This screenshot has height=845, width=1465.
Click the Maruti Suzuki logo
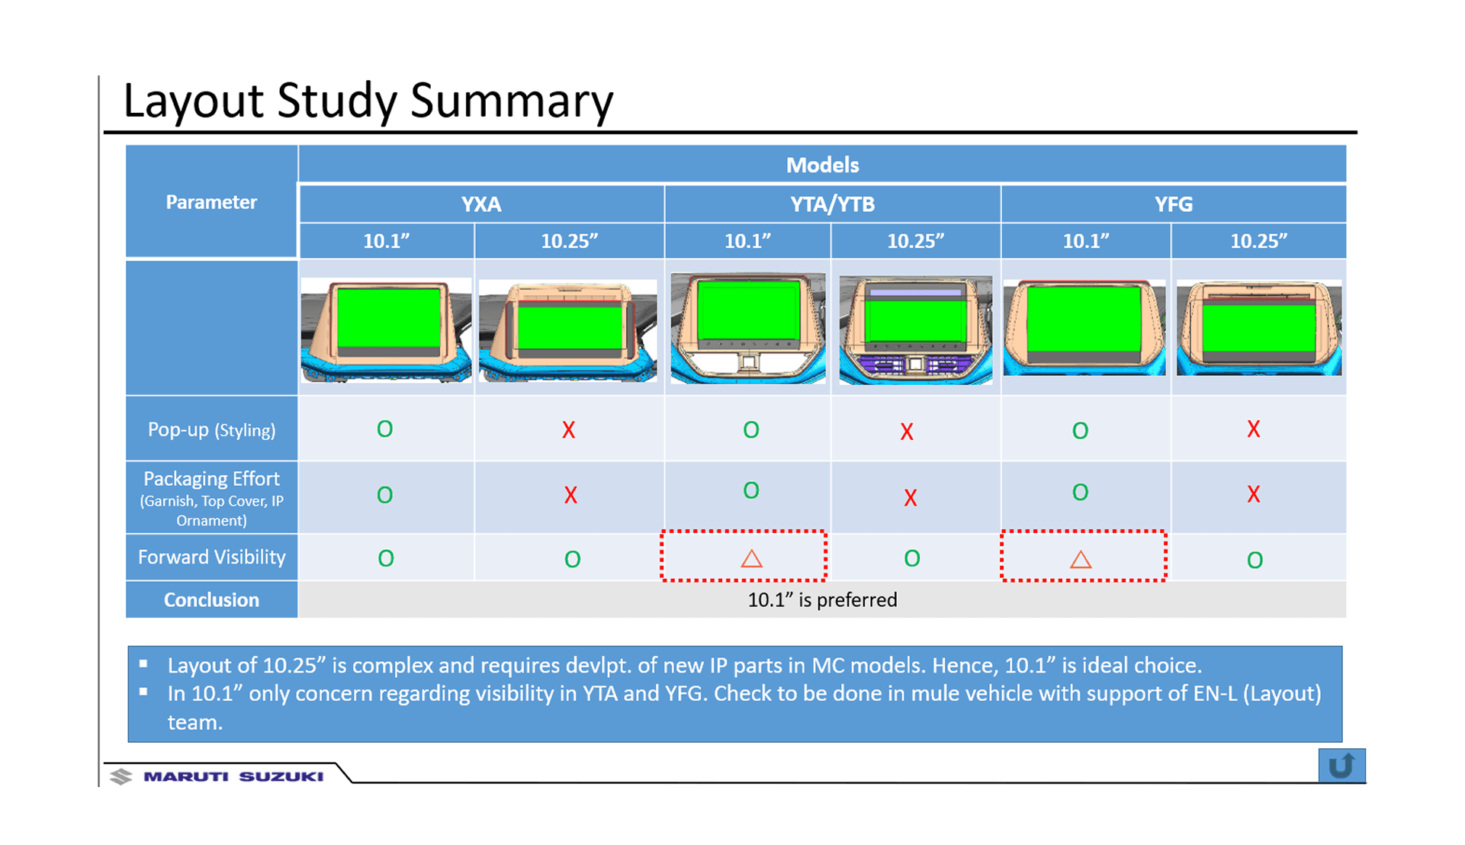point(218,776)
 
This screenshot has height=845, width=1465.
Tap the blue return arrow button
point(1341,765)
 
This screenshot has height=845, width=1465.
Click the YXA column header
point(480,204)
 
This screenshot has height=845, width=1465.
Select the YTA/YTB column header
point(832,204)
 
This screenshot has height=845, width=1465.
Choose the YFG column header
point(1173,204)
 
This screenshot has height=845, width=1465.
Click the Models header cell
point(822,165)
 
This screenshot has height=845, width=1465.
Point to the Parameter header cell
point(211,202)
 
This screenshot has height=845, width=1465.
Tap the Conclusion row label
point(211,599)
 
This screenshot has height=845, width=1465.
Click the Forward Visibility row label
point(211,557)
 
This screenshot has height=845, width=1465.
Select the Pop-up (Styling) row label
point(211,429)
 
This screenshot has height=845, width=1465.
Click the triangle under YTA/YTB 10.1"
point(751,559)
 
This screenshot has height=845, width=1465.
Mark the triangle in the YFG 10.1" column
point(1081,560)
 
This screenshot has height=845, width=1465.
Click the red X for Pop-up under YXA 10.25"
point(568,430)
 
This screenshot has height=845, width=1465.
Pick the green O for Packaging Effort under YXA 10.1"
point(385,495)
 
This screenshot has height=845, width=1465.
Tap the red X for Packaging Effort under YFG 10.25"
point(1253,494)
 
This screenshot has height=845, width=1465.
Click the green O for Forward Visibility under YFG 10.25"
point(1255,561)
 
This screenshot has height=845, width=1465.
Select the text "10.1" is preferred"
point(822,599)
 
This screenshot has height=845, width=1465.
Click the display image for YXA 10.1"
point(386,329)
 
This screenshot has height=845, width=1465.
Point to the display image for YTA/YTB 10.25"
point(915,329)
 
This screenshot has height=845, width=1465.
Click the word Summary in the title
point(511,100)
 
